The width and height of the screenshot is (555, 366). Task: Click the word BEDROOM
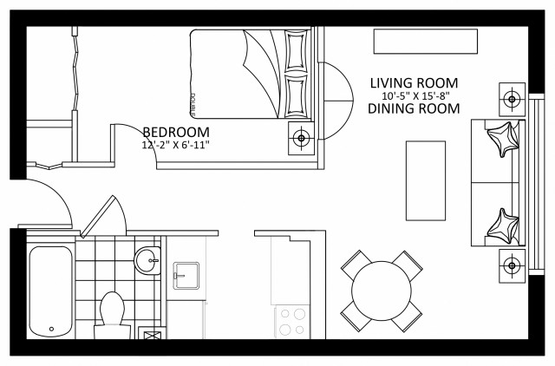click(176, 132)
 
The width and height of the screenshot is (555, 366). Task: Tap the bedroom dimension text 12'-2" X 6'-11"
click(176, 145)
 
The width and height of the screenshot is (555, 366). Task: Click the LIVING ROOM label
click(413, 82)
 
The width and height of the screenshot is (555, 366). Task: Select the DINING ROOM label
click(413, 108)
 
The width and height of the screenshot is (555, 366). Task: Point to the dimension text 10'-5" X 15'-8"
click(414, 95)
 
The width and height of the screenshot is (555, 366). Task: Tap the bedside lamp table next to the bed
click(301, 136)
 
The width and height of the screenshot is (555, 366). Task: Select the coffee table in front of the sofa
click(426, 180)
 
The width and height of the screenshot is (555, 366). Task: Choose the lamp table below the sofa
click(512, 264)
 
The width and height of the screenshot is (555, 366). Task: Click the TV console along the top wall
click(425, 42)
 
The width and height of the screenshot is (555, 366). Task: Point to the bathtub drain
click(52, 330)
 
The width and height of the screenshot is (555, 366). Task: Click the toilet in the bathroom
click(112, 312)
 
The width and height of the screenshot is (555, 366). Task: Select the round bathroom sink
click(148, 258)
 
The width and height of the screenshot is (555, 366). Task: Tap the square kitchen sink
click(186, 276)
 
